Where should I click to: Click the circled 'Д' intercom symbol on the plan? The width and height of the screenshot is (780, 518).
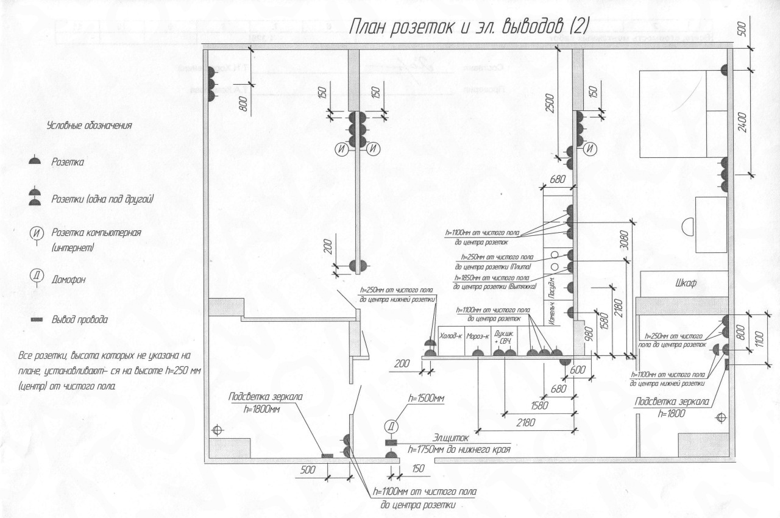pyautogui.click(x=391, y=426)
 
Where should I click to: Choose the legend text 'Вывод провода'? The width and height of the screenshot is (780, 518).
pyautogui.click(x=80, y=319)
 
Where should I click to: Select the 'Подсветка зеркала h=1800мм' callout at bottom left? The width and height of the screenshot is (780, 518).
pyautogui.click(x=266, y=402)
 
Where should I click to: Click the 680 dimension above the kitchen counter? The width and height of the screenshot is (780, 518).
pyautogui.click(x=557, y=180)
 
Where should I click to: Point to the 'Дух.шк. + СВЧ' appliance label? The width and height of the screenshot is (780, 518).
pyautogui.click(x=504, y=337)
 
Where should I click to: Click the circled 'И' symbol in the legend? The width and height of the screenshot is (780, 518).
pyautogui.click(x=35, y=236)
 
